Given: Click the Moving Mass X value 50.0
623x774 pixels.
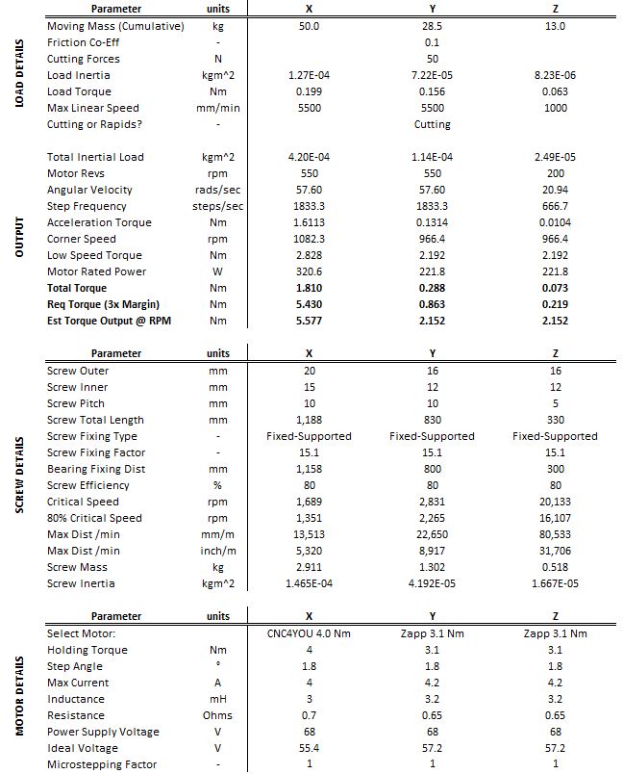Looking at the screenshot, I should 309,26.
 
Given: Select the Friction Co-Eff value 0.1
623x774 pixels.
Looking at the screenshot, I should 432,42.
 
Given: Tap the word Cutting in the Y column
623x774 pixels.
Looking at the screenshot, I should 432,124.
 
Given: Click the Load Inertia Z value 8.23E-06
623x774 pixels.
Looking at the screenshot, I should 556,75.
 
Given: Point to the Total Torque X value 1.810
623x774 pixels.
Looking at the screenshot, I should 309,288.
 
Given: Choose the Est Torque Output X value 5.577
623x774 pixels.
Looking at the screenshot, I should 309,321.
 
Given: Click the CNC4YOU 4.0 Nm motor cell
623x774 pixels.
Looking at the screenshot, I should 309,633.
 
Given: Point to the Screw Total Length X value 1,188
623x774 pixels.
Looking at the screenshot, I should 309,420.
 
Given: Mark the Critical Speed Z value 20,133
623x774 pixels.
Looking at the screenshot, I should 556,502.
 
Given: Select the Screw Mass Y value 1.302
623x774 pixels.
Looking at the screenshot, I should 432,567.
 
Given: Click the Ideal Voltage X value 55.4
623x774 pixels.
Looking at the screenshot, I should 309,748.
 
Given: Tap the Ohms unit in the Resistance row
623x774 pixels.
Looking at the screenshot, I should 218,715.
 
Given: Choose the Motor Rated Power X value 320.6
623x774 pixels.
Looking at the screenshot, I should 309,271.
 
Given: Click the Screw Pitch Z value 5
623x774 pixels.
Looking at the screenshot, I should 556,403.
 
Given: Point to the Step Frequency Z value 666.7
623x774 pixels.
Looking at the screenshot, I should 556,206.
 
